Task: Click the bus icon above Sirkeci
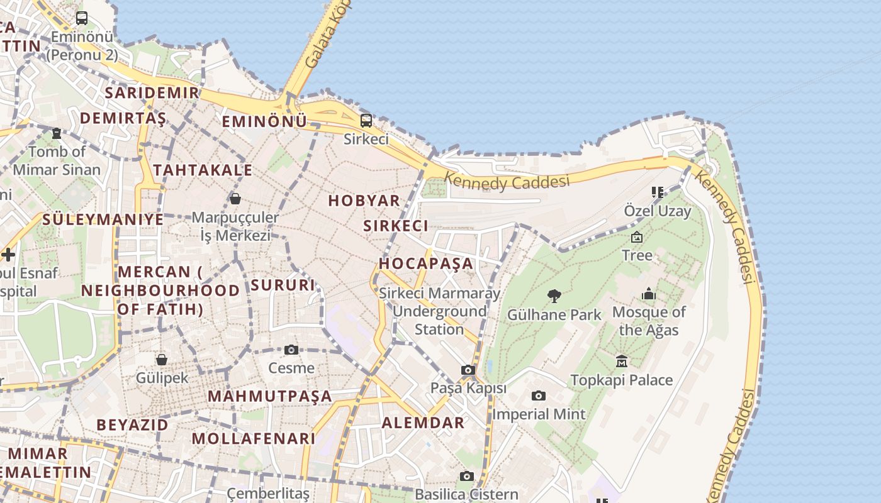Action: [x=366, y=120]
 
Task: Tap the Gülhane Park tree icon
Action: [x=554, y=296]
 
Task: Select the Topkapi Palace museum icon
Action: [x=622, y=361]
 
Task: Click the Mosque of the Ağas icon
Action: [x=649, y=294]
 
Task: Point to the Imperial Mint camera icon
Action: [x=538, y=395]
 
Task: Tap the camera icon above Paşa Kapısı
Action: [x=468, y=370]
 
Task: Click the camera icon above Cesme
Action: [x=291, y=350]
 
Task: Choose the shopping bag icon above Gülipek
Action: [x=162, y=359]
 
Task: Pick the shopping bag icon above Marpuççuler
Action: [x=235, y=199]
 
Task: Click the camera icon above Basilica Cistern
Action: [x=466, y=476]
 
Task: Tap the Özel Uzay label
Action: [x=658, y=211]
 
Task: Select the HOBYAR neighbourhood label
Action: [x=364, y=201]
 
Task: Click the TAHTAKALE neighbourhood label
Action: [x=203, y=170]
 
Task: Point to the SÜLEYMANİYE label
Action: [x=103, y=219]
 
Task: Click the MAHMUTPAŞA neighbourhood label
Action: [x=269, y=396]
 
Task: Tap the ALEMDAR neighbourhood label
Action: [x=423, y=423]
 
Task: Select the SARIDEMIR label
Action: [x=152, y=92]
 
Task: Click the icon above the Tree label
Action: [x=637, y=237]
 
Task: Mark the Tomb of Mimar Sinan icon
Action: [x=57, y=133]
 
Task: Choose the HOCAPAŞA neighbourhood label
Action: [x=425, y=263]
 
